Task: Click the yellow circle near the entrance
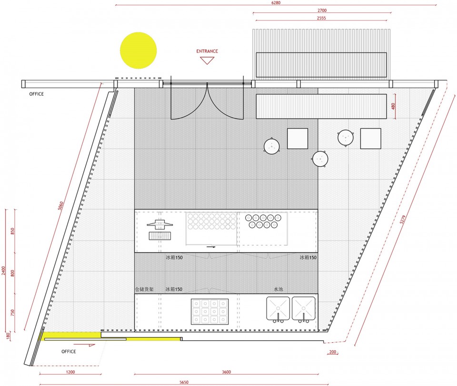point(139,51)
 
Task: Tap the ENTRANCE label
point(207,51)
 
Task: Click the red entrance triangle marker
point(207,61)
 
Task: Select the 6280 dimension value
point(276,3)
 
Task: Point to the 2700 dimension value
point(322,10)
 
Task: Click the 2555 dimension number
point(321,18)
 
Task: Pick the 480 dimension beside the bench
point(393,106)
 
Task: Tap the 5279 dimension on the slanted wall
point(403,219)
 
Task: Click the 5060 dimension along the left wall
point(60,206)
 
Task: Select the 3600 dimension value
point(227,372)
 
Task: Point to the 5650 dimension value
point(184,382)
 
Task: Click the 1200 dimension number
point(70,372)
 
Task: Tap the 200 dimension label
point(333,352)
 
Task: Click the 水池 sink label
point(278,289)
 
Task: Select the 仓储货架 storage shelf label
point(144,289)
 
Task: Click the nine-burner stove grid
point(210,312)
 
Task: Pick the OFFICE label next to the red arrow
point(69,352)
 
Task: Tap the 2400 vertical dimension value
point(3,270)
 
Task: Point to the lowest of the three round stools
point(320,159)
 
